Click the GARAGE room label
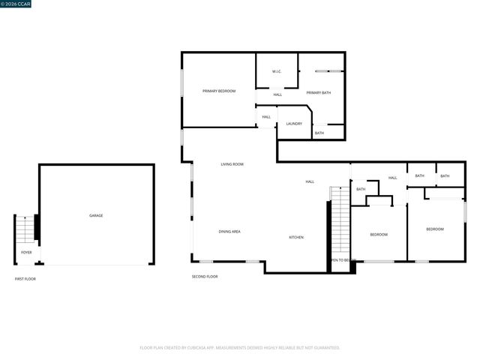pos(96,215)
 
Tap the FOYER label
pos(26,253)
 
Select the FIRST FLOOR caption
pos(25,279)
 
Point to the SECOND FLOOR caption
pos(205,277)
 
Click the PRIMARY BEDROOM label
pos(219,91)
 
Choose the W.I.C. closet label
pos(276,72)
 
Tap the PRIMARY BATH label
pos(319,92)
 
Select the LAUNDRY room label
pos(294,124)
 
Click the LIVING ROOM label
pos(232,164)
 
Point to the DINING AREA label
pos(229,232)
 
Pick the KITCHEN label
pos(296,238)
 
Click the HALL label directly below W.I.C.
pos(277,94)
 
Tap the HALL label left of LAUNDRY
pos(266,117)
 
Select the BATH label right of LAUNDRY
pos(319,133)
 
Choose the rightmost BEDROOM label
pos(435,229)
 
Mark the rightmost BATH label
pos(445,175)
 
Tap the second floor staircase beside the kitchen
pos(340,222)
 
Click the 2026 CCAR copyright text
pos(16,4)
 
